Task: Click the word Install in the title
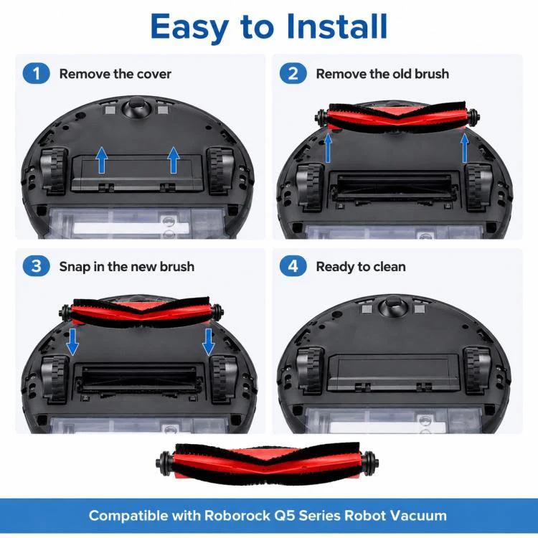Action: pyautogui.click(x=337, y=27)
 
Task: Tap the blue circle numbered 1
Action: pyautogui.click(x=36, y=73)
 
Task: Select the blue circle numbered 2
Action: pyautogui.click(x=293, y=73)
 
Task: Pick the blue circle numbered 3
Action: pyautogui.click(x=36, y=266)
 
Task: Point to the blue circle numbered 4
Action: pyautogui.click(x=293, y=266)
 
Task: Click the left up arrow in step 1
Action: pyautogui.click(x=102, y=160)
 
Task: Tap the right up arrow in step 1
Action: pyautogui.click(x=174, y=160)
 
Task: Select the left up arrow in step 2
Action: pyautogui.click(x=328, y=148)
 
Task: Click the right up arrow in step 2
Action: pyautogui.click(x=465, y=148)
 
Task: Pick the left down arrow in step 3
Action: pyautogui.click(x=72, y=341)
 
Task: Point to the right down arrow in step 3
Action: pyautogui.click(x=209, y=341)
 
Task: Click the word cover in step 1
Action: pyautogui.click(x=154, y=74)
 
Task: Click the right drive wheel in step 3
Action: pyautogui.click(x=223, y=379)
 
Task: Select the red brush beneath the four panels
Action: pyautogui.click(x=268, y=464)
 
